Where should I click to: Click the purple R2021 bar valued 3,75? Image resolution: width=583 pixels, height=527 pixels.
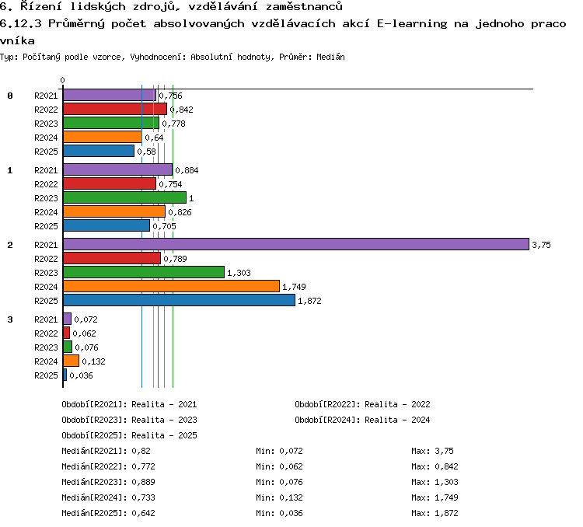click(296, 244)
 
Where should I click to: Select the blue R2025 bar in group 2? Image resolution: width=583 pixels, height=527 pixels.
click(180, 300)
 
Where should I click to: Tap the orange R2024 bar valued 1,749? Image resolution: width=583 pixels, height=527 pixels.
click(172, 286)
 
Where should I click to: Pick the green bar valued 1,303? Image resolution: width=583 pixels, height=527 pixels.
click(144, 272)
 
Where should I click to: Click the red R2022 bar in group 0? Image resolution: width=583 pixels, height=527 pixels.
click(115, 109)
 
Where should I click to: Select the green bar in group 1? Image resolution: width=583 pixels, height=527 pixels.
click(124, 197)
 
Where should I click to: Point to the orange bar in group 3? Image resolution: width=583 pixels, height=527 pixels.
click(71, 361)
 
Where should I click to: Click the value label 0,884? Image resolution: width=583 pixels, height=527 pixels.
click(187, 170)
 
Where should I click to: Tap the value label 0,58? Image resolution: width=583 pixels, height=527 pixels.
click(146, 152)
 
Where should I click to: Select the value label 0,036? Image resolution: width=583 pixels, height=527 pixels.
click(81, 375)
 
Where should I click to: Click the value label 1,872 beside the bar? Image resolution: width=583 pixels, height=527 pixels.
click(309, 301)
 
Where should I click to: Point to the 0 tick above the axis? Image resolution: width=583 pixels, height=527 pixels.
click(62, 80)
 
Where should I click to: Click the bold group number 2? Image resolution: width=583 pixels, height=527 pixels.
click(10, 245)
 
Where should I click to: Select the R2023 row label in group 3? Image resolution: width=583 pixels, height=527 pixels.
click(46, 347)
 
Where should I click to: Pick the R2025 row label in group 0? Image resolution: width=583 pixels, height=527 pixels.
click(46, 152)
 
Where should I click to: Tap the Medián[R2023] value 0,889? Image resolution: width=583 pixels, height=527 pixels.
click(143, 482)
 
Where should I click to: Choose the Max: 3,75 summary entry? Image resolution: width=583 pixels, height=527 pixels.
click(432, 451)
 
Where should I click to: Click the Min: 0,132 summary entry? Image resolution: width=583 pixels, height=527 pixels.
click(279, 497)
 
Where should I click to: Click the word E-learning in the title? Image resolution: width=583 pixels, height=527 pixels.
click(412, 24)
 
